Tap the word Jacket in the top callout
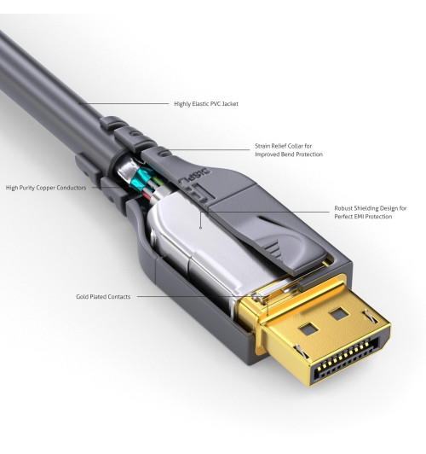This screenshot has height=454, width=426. click(229, 104)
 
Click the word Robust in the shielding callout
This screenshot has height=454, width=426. click(344, 208)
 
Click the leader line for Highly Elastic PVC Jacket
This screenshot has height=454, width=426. click(128, 104)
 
